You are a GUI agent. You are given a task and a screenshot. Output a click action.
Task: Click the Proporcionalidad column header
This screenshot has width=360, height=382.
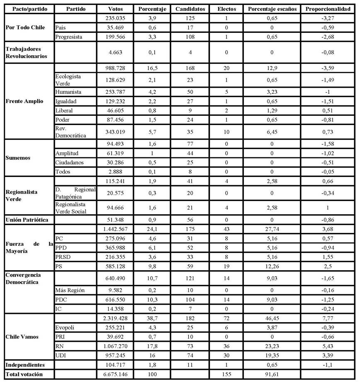tap(330, 9)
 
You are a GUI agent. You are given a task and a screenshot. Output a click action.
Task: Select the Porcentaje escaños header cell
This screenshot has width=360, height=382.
tap(272, 9)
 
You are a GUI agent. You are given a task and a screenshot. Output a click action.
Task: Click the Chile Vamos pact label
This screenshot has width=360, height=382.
tap(22, 337)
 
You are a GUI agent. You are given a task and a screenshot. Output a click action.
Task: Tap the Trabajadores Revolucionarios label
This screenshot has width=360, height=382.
tap(26, 53)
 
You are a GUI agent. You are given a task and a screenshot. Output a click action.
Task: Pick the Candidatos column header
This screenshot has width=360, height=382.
tap(190, 9)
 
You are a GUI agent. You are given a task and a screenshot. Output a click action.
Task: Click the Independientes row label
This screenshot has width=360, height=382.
tap(25, 365)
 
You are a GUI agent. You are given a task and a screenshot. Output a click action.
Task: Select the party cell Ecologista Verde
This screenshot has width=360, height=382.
tap(69, 80)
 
